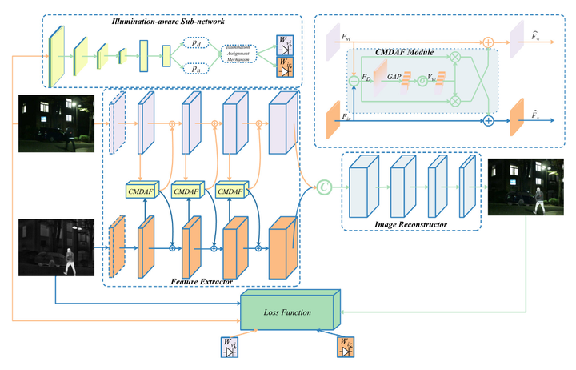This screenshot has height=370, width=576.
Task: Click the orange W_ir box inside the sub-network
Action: [x=286, y=70]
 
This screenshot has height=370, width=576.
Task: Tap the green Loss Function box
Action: [x=290, y=308]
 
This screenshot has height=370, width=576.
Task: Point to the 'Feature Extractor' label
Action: [x=200, y=283]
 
